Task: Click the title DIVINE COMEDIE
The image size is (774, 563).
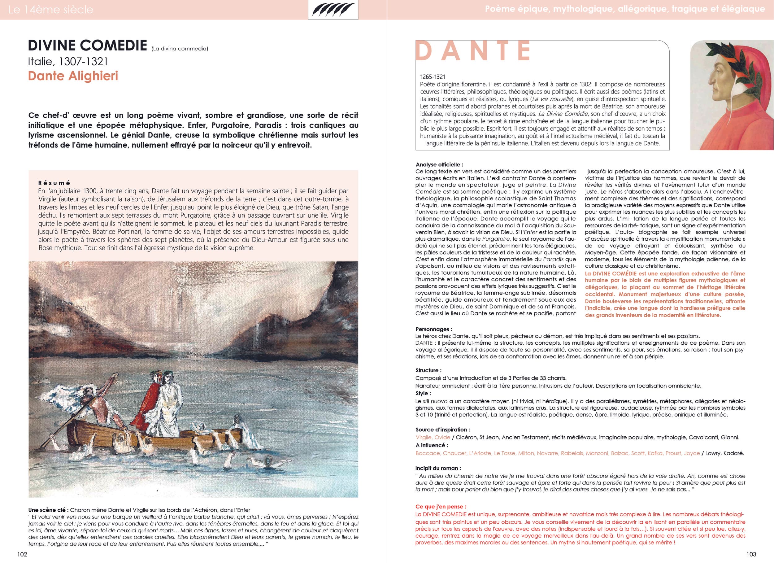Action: click(x=87, y=46)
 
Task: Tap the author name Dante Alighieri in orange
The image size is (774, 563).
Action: click(x=73, y=76)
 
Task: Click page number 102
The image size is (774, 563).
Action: click(x=22, y=554)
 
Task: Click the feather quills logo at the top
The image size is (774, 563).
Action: click(x=333, y=10)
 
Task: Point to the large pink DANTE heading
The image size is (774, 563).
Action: click(x=473, y=51)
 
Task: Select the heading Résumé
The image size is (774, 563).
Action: click(x=54, y=183)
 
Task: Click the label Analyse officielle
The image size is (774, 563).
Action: click(x=439, y=164)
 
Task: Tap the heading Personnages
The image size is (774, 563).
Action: click(x=434, y=329)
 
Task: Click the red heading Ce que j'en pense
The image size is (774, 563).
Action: click(x=441, y=507)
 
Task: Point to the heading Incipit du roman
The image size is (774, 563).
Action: click(x=438, y=468)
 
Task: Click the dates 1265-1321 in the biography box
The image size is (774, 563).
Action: click(x=433, y=77)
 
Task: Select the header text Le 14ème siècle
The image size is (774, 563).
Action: click(x=50, y=10)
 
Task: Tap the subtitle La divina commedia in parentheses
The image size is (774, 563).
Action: click(x=180, y=49)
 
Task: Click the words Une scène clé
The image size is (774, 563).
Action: click(x=48, y=510)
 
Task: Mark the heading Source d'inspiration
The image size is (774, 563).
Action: click(x=443, y=430)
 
